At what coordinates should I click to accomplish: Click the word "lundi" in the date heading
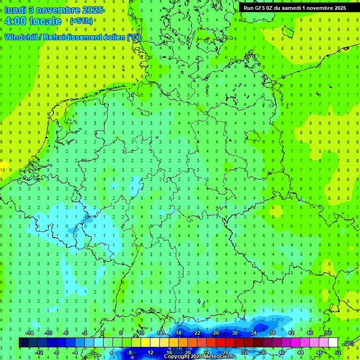(15, 9)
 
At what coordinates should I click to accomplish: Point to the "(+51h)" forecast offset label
(81, 21)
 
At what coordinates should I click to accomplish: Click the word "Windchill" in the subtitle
(22, 37)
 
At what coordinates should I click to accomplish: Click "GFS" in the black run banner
(262, 8)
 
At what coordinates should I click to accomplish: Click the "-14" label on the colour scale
(29, 333)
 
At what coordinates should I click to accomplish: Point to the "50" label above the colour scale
(328, 333)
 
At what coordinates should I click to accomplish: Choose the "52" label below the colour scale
(338, 352)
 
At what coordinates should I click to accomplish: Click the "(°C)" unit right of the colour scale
(349, 343)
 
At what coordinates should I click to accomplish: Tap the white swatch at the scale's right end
(333, 343)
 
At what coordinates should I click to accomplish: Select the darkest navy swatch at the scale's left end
(23, 343)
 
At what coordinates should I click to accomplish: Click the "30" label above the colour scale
(234, 333)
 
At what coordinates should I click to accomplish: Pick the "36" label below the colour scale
(263, 352)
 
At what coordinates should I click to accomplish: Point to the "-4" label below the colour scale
(76, 352)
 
